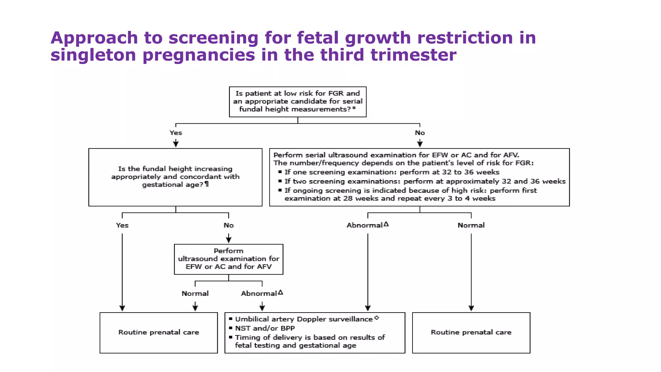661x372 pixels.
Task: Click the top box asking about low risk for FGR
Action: pyautogui.click(x=298, y=102)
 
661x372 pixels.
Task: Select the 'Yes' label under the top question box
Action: pyautogui.click(x=176, y=133)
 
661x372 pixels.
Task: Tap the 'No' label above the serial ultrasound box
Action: pyautogui.click(x=420, y=133)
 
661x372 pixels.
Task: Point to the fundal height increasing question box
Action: pyautogui.click(x=175, y=177)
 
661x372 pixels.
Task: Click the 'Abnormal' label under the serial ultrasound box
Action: pyautogui.click(x=365, y=225)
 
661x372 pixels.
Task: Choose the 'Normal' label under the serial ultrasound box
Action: pyautogui.click(x=471, y=225)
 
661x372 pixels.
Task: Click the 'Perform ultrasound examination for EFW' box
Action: pyautogui.click(x=229, y=259)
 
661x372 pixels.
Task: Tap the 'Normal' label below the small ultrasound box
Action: pyautogui.click(x=195, y=294)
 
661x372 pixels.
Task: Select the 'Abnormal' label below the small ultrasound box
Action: pyautogui.click(x=259, y=294)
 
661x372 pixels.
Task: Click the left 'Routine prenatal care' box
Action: pyautogui.click(x=158, y=332)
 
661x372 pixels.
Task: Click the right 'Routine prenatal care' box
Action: pyautogui.click(x=471, y=332)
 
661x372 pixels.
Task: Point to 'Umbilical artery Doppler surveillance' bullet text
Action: pyautogui.click(x=304, y=319)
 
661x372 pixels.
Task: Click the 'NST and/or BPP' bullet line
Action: pyautogui.click(x=265, y=328)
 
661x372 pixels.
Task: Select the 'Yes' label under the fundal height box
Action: pyautogui.click(x=122, y=225)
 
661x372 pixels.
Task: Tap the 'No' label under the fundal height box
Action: pyautogui.click(x=229, y=225)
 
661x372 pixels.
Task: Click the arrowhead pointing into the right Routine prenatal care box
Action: pyautogui.click(x=471, y=308)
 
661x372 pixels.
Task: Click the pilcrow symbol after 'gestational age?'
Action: pyautogui.click(x=207, y=184)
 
